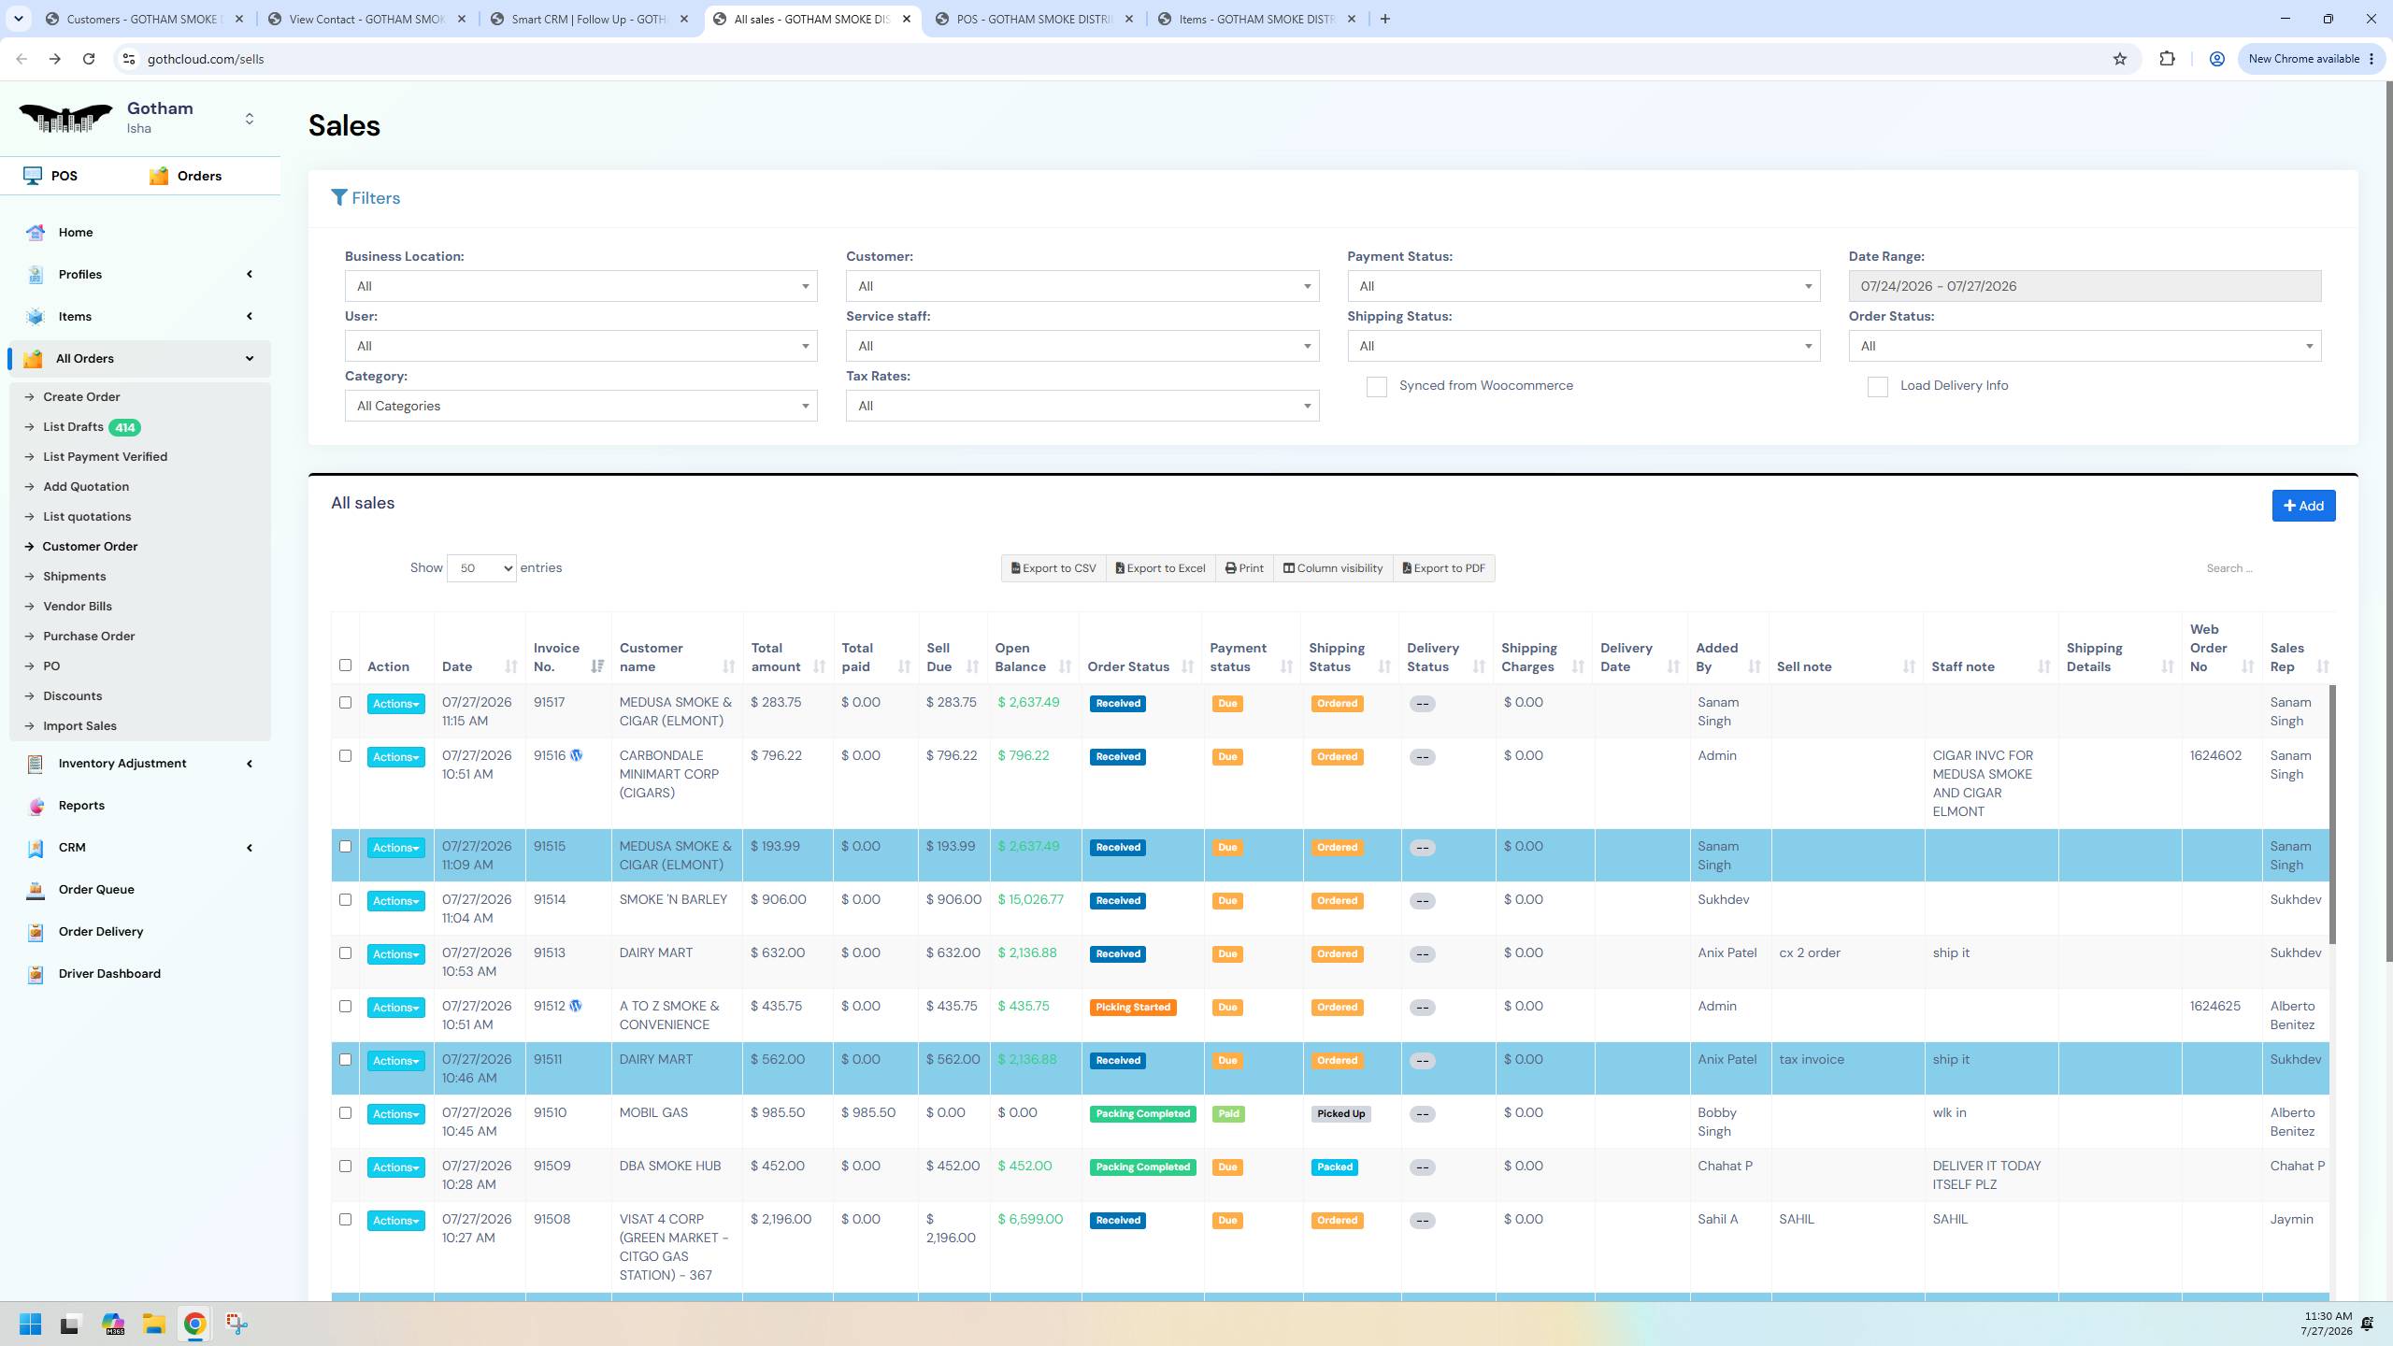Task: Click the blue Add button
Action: point(2303,506)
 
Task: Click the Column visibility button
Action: point(1333,568)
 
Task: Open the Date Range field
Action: point(2085,286)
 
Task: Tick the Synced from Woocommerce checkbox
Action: point(1376,387)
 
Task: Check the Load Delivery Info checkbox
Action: point(1877,387)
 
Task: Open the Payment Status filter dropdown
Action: point(1583,286)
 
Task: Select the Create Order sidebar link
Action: point(81,396)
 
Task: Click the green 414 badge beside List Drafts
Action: point(124,427)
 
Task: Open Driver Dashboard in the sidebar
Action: point(109,973)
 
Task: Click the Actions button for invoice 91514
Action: point(395,901)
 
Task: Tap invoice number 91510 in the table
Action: point(550,1112)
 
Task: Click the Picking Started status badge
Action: point(1133,1008)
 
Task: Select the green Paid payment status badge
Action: point(1228,1114)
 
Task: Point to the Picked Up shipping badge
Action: point(1340,1114)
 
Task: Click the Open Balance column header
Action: point(1020,657)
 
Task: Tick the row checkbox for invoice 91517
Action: point(345,702)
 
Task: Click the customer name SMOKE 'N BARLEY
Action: point(673,899)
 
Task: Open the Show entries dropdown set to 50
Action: point(481,568)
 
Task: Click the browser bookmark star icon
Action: point(2120,59)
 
